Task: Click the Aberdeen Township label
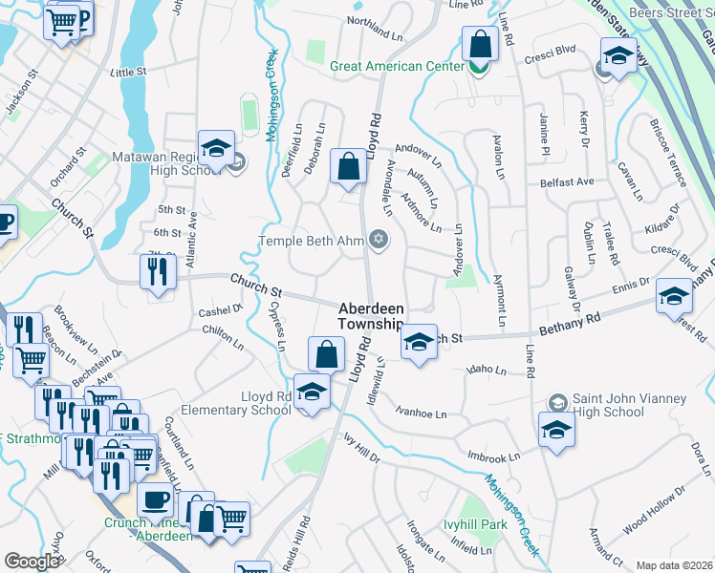click(372, 317)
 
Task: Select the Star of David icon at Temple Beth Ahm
click(379, 240)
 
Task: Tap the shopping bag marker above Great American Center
click(479, 44)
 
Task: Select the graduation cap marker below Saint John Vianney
click(556, 428)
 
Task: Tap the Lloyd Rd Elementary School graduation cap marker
click(311, 392)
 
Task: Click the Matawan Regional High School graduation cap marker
click(217, 149)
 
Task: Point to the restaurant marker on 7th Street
click(157, 270)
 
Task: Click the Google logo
click(32, 561)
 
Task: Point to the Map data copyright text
click(674, 565)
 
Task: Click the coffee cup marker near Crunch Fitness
click(155, 499)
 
